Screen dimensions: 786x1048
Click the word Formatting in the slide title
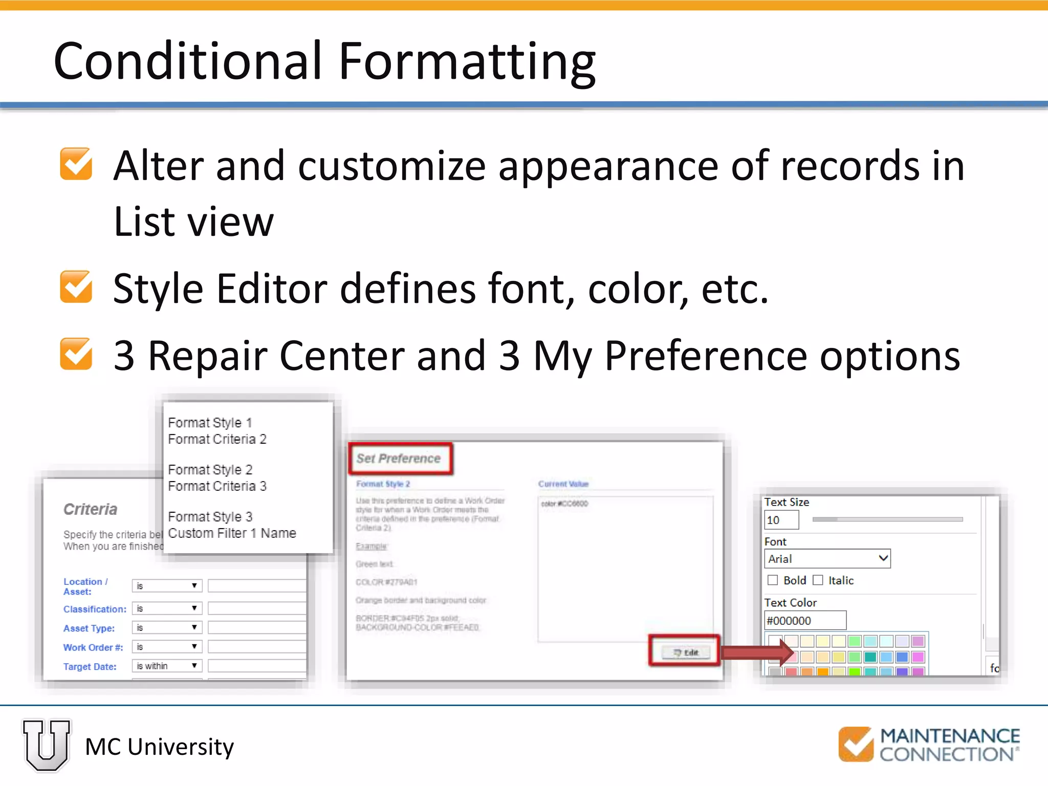[x=467, y=61]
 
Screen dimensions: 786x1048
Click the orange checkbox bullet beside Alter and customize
[x=76, y=164]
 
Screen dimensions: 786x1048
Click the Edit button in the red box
[x=685, y=652]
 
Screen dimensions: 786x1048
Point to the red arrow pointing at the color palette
[x=757, y=652]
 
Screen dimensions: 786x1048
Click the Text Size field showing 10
[x=781, y=520]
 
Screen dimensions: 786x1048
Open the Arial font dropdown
[x=827, y=559]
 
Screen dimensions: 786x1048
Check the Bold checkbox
[x=773, y=580]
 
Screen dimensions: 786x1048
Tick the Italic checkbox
[x=818, y=580]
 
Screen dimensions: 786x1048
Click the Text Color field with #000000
[x=804, y=621]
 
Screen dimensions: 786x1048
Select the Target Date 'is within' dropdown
[x=167, y=666]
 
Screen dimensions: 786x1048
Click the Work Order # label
[x=93, y=647]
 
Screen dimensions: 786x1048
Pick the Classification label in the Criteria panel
[x=95, y=609]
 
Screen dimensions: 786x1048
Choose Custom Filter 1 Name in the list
[x=232, y=533]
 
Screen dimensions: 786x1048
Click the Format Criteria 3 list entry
[x=217, y=486]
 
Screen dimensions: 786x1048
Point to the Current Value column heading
[x=563, y=484]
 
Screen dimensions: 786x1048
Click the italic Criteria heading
[x=91, y=509]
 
